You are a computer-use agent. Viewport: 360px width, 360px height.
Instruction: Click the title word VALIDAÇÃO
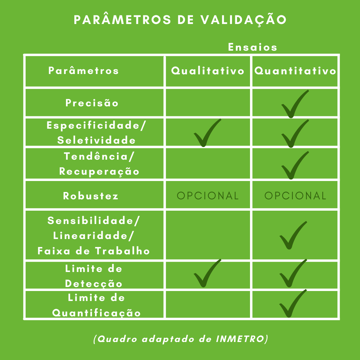(x=244, y=20)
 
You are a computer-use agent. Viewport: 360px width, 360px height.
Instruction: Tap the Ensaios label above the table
(x=253, y=47)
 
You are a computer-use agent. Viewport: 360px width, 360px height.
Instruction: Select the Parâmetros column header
(x=84, y=70)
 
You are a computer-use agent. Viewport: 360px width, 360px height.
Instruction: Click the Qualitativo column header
(x=208, y=71)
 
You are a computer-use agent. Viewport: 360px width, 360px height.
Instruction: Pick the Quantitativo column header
(x=295, y=71)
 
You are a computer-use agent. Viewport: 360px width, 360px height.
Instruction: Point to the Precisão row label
(x=92, y=103)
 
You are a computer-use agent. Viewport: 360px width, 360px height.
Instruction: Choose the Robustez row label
(x=91, y=196)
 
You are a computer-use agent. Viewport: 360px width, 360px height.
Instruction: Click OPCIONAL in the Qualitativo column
(x=208, y=196)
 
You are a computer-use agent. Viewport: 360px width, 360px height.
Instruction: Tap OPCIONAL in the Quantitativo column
(x=295, y=196)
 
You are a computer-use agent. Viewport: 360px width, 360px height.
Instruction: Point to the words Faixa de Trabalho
(x=94, y=251)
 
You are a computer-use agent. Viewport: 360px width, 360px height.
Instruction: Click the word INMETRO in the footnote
(x=240, y=339)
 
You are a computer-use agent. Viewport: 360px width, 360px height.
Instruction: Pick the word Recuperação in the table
(x=99, y=172)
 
